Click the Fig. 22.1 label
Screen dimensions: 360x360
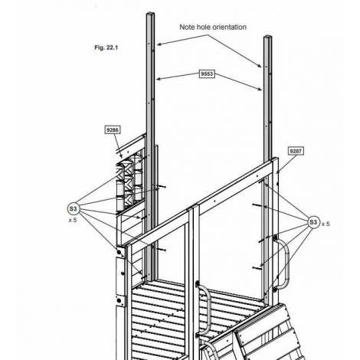click(x=106, y=47)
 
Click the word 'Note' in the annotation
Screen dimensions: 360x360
click(x=186, y=27)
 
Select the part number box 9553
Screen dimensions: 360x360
click(x=207, y=74)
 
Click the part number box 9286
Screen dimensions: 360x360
click(x=113, y=129)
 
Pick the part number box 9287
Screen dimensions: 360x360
click(x=296, y=151)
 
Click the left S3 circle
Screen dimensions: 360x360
click(x=73, y=209)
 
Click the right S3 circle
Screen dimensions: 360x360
click(x=313, y=222)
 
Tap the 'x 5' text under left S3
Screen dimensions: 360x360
click(x=73, y=220)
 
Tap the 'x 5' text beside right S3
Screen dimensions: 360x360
click(x=326, y=224)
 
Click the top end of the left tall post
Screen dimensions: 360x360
click(x=150, y=14)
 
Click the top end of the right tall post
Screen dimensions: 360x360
click(x=267, y=37)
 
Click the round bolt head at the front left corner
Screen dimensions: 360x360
click(x=119, y=252)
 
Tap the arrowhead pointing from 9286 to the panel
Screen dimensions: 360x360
click(x=121, y=156)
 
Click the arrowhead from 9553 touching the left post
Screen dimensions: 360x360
click(x=159, y=79)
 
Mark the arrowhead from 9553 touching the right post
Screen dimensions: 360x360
click(x=260, y=89)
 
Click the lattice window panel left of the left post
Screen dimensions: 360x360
click(x=129, y=182)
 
